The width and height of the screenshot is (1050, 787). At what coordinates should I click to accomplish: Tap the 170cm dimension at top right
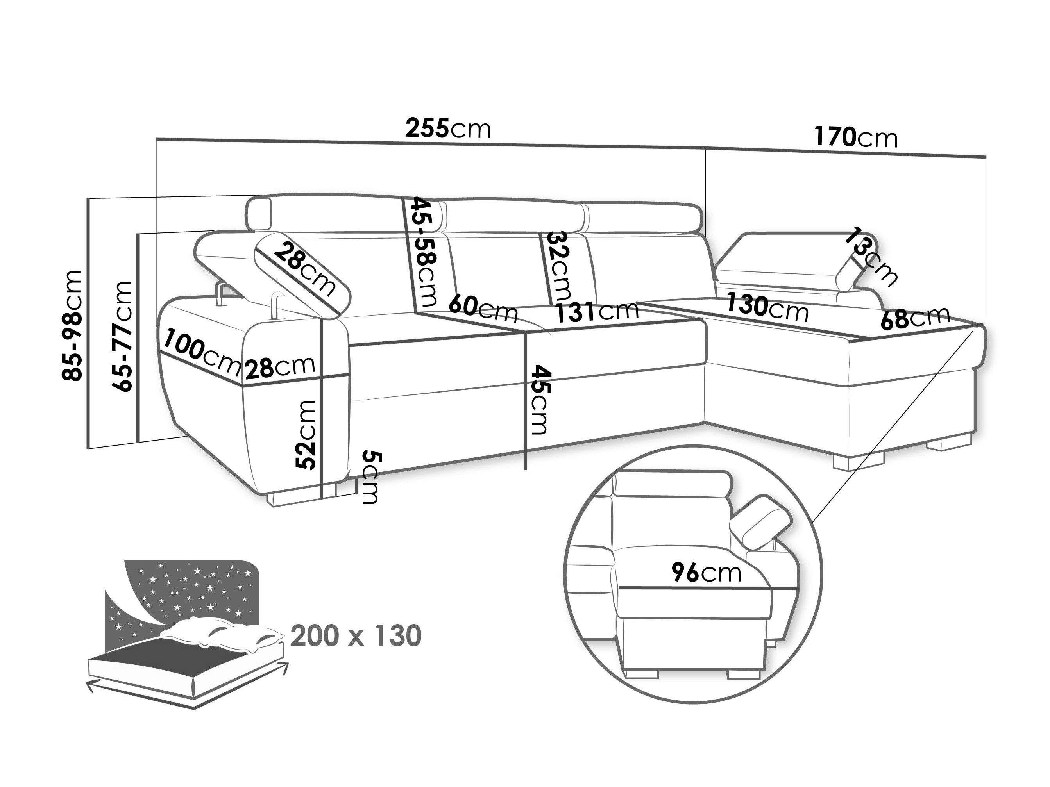(856, 137)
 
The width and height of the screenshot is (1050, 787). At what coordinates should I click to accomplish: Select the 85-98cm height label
(72, 325)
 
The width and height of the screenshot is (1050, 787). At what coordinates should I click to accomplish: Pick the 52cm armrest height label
(305, 435)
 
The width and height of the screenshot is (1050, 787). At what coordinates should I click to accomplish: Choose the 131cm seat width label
(597, 312)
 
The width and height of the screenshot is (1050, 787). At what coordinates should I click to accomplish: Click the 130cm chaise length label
(767, 307)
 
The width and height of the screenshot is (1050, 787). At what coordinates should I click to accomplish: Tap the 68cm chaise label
(916, 316)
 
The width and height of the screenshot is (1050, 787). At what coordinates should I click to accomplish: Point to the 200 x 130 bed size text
(356, 636)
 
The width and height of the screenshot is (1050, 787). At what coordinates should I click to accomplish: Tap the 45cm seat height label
(539, 400)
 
